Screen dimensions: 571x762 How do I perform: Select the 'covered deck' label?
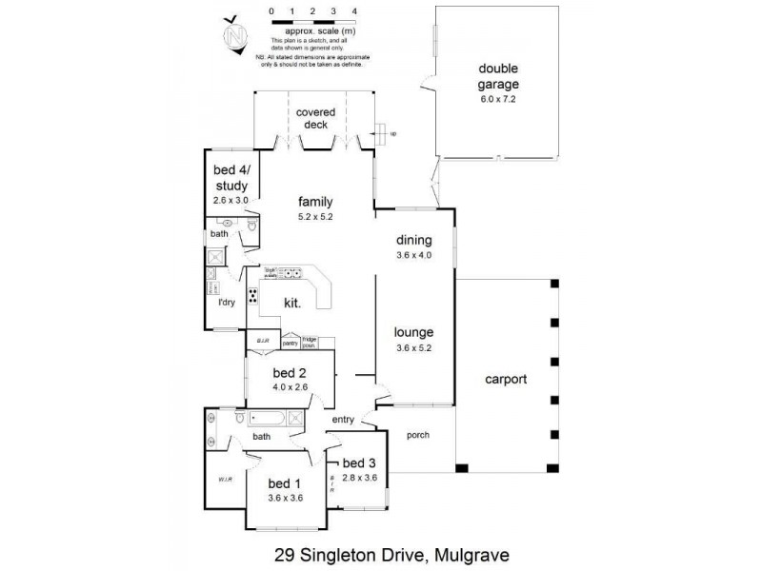(x=315, y=118)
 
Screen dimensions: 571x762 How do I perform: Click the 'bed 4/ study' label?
(x=230, y=178)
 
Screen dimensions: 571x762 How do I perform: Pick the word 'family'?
(x=315, y=202)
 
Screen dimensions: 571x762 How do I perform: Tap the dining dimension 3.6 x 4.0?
(x=414, y=255)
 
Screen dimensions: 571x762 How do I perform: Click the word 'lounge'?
(x=414, y=332)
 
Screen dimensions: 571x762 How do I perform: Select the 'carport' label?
(x=506, y=378)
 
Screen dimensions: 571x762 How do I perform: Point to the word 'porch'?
(x=417, y=435)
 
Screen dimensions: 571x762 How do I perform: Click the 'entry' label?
(x=343, y=420)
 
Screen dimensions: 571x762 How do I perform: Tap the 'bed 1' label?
(x=285, y=482)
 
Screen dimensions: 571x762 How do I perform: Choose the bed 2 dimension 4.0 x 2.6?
(x=289, y=387)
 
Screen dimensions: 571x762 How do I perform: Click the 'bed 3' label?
(x=360, y=463)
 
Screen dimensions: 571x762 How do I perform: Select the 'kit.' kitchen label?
(x=292, y=304)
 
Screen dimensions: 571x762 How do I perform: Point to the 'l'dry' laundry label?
(x=227, y=303)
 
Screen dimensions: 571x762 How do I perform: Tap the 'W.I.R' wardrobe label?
(x=225, y=479)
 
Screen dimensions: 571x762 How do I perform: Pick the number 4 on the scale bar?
(x=354, y=10)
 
